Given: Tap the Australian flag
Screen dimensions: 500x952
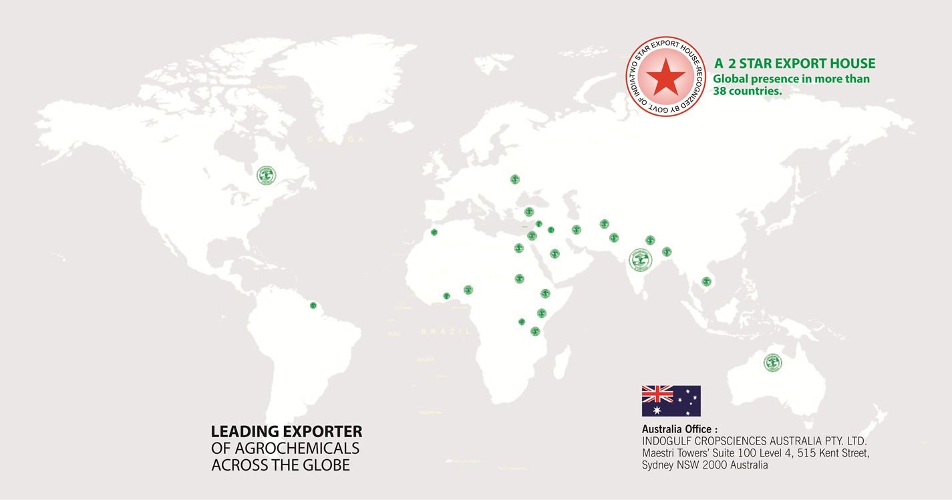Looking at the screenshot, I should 671,400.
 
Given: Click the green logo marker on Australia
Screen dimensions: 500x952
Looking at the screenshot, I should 772,362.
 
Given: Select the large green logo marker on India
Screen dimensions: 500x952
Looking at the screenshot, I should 641,259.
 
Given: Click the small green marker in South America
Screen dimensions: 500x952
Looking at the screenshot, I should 313,305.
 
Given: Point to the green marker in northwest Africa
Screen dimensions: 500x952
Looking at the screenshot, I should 434,233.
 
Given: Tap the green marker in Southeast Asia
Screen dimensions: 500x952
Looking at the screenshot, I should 706,281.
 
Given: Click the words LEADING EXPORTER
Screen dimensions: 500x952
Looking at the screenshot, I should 286,432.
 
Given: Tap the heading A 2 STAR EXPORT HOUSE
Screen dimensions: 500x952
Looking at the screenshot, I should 794,64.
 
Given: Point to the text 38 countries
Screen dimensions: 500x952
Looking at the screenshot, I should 747,91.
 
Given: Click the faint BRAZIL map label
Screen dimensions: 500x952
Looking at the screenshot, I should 446,332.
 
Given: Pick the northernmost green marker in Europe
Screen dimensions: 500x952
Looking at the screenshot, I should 514,179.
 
